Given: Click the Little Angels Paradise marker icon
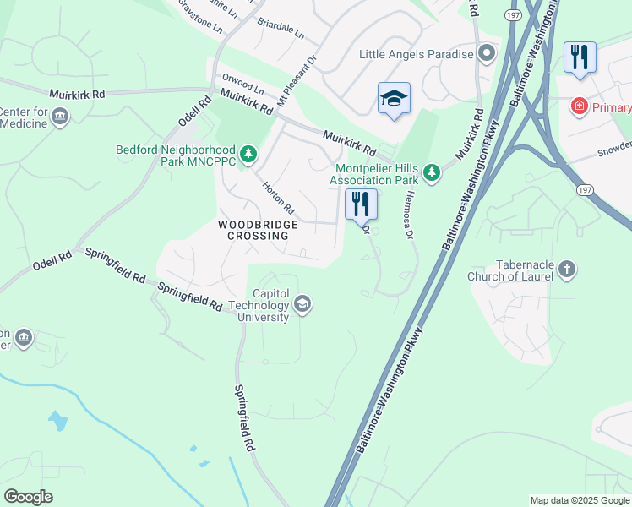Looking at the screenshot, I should (x=486, y=54).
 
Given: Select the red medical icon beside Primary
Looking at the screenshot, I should (x=579, y=106).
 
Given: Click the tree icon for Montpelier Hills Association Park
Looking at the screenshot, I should (x=432, y=173).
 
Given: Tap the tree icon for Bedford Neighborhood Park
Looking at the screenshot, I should (x=248, y=153).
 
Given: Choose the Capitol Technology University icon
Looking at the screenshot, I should (x=302, y=304).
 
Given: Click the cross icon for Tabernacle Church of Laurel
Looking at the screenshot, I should (x=567, y=270).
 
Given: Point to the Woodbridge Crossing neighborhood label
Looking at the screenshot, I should (x=259, y=230).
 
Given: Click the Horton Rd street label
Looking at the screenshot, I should (x=276, y=197).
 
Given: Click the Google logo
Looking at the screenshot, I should (x=28, y=496).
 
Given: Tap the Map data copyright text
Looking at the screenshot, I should (x=580, y=500).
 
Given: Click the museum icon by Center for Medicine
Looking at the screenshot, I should (x=59, y=117).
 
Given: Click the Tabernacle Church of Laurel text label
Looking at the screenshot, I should (x=511, y=270).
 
